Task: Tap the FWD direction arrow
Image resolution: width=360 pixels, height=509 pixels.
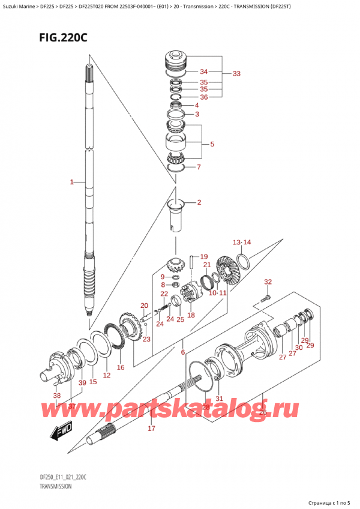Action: [x=60, y=432]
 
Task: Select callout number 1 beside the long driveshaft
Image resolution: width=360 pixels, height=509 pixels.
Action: [x=72, y=181]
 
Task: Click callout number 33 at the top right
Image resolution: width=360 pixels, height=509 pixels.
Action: [x=236, y=74]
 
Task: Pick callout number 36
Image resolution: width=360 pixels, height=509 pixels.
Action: [x=203, y=97]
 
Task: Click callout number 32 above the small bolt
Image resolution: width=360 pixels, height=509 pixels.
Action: [x=268, y=282]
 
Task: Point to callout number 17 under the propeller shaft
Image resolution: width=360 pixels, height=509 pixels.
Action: [x=152, y=428]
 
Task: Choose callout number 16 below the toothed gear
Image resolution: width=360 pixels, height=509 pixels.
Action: [x=120, y=367]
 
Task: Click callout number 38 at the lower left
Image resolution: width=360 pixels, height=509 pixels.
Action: [x=56, y=396]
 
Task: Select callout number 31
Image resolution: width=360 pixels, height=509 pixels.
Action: [x=219, y=399]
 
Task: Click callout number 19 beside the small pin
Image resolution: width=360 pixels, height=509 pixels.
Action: [x=203, y=256]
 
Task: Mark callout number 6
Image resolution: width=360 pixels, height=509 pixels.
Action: [x=182, y=352]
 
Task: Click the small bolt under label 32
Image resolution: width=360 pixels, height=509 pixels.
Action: [x=266, y=297]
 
